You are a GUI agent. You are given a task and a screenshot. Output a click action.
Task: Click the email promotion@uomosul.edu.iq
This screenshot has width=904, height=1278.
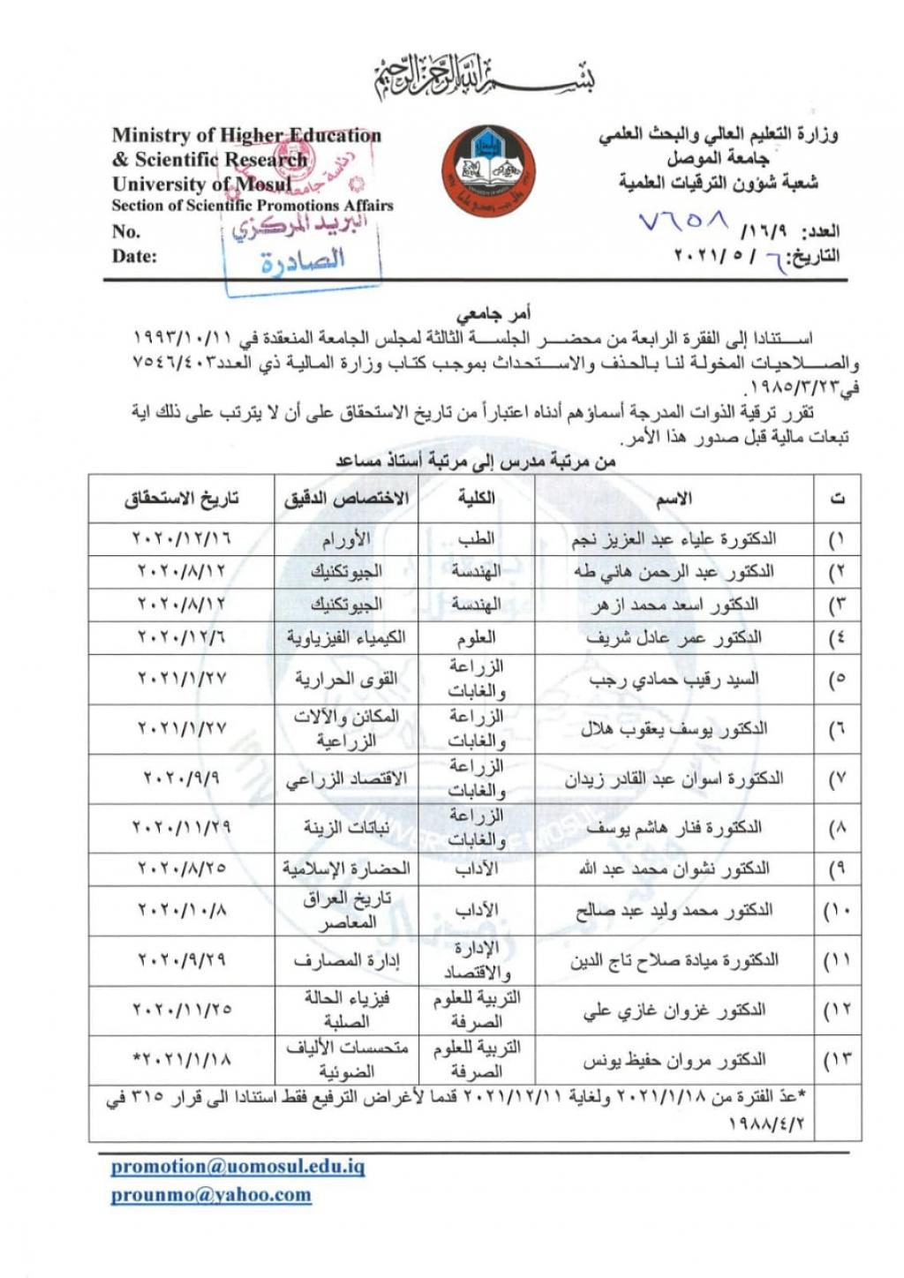[237, 1166]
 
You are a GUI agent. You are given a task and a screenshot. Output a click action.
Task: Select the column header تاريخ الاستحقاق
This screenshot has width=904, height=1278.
[182, 499]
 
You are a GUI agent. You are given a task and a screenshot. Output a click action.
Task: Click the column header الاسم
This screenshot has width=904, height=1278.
[674, 500]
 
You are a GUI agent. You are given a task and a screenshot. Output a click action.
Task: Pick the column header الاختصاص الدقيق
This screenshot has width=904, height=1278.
[346, 499]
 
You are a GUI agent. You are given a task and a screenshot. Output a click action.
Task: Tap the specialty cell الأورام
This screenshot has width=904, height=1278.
[346, 538]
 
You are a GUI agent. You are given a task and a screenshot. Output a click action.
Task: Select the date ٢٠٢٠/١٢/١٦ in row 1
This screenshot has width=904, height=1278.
[182, 538]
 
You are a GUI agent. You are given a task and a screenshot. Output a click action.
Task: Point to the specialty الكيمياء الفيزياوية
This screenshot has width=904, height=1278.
[346, 637]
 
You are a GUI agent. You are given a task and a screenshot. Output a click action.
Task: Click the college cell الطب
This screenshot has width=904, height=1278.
[476, 538]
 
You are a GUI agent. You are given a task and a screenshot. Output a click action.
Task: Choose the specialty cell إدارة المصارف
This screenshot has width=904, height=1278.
[346, 960]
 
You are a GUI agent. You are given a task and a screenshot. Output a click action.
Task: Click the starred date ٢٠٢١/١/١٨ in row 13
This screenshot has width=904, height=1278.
[182, 1058]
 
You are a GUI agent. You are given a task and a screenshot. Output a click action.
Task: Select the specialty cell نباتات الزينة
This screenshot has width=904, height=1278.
[346, 828]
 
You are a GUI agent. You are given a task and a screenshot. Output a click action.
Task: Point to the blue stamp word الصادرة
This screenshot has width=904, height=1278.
[302, 260]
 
